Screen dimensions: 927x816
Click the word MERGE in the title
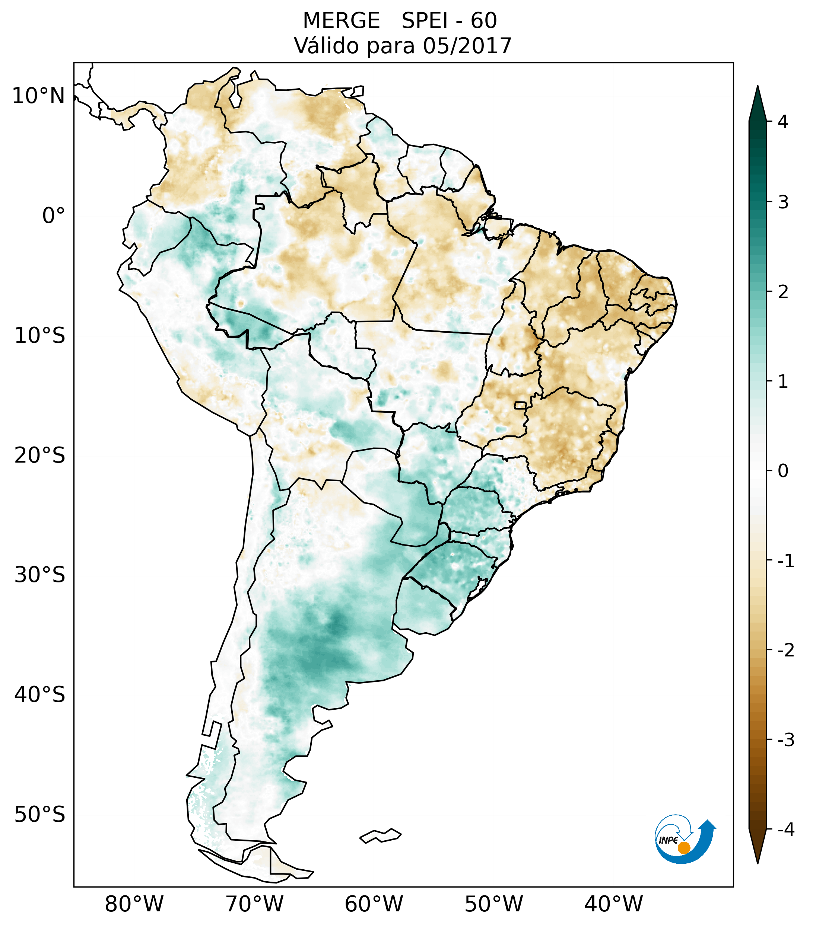tap(341, 21)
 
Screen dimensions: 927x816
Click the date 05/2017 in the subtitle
tap(467, 46)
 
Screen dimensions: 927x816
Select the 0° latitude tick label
tap(54, 216)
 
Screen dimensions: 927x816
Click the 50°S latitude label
tap(40, 815)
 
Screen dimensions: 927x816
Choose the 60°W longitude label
tap(374, 904)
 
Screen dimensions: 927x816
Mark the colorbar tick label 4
tap(783, 122)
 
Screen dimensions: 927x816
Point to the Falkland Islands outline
tap(380, 836)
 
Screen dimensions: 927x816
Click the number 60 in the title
tap(483, 21)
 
